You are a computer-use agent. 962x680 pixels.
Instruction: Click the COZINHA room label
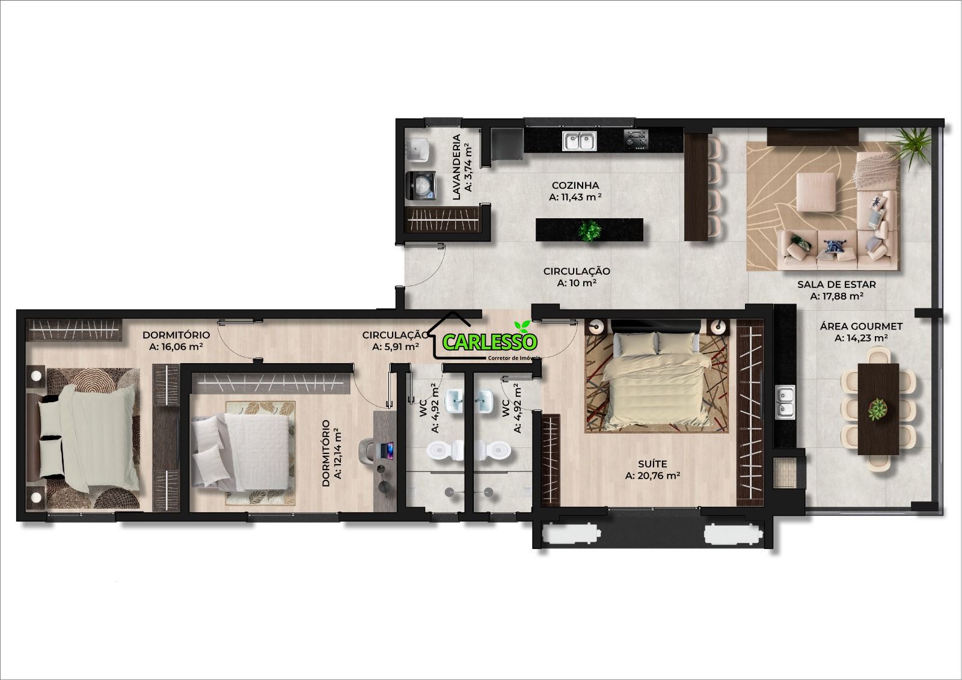click(x=575, y=185)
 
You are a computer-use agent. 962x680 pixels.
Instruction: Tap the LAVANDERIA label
click(x=456, y=167)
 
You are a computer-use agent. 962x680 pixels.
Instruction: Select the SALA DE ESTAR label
click(x=836, y=284)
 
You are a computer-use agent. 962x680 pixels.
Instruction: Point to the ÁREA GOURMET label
click(x=861, y=326)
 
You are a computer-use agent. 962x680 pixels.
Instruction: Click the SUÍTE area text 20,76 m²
click(x=652, y=476)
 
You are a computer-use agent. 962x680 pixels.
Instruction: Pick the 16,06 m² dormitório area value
click(x=176, y=347)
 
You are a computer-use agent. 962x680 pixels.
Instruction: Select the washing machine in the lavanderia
click(x=421, y=186)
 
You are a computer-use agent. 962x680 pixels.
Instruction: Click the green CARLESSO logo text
click(x=489, y=342)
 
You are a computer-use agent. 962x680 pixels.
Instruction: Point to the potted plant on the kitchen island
click(x=590, y=230)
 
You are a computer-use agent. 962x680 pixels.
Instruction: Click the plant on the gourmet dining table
click(x=878, y=409)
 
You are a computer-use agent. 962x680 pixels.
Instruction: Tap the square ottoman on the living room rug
click(x=816, y=192)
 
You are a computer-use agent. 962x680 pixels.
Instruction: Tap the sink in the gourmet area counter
click(x=785, y=402)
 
